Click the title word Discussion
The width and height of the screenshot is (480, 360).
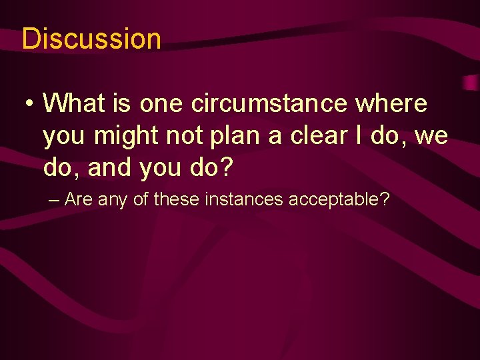(x=91, y=39)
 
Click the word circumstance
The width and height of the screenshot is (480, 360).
(x=269, y=103)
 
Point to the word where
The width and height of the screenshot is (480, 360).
(x=391, y=103)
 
